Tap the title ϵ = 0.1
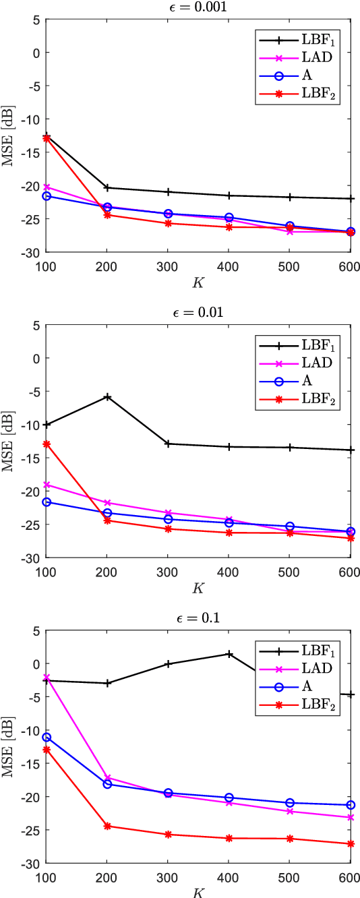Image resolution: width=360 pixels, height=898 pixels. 198,618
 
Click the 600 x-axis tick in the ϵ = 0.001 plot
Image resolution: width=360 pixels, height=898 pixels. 350,264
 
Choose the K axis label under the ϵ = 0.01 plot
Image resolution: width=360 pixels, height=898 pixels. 198,588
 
